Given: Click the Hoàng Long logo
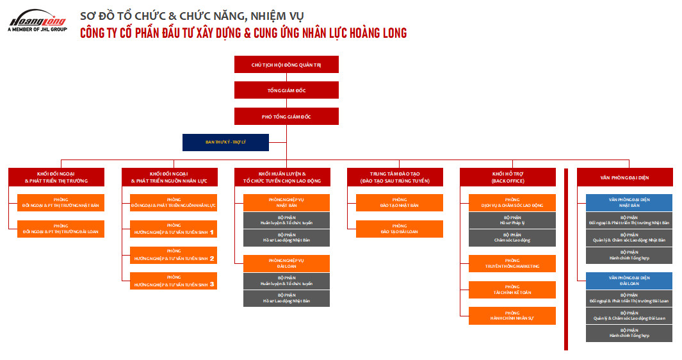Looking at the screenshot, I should point(37,20).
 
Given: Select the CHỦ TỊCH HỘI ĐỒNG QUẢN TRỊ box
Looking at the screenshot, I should point(286,64).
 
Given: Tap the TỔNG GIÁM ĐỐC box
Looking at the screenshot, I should point(286,90).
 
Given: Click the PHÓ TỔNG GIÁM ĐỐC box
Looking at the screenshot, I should point(286,117).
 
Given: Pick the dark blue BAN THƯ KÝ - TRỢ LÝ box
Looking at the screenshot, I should point(225,142).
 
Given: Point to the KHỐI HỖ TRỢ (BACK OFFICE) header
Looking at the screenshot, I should point(508,177).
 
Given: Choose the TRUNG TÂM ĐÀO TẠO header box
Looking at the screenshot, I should point(394,177).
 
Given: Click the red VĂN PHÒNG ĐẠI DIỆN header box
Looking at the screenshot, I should point(624,177).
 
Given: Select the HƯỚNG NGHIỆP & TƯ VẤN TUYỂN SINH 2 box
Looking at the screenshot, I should point(173,255).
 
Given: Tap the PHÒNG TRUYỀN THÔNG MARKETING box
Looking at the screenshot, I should point(512,263).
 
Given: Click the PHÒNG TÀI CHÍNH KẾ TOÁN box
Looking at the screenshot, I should point(512,290).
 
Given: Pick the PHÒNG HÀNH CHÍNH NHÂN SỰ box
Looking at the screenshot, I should point(512,315).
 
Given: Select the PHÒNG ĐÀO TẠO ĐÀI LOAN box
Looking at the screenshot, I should point(399,229).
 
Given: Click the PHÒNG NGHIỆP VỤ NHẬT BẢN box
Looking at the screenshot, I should point(286,202).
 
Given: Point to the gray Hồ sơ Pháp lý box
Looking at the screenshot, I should point(512,220).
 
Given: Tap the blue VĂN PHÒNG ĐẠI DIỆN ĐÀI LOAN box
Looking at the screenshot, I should point(629,281).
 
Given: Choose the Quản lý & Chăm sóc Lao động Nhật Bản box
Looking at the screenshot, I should point(629,238).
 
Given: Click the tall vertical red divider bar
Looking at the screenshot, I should point(566,259).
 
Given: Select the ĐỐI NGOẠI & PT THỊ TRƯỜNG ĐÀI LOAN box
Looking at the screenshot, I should point(60,229).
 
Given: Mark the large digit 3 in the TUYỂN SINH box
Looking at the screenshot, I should point(212,283).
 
